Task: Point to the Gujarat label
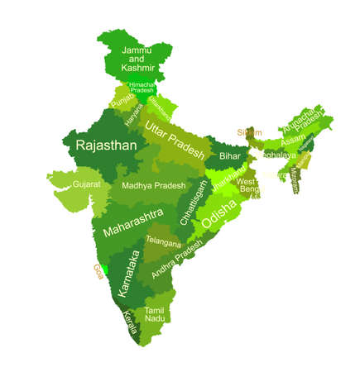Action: [85, 184]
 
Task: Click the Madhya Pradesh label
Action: [153, 186]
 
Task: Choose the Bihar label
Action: [230, 155]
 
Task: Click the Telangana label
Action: [162, 241]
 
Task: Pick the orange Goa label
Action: [98, 270]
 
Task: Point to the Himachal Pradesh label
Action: [143, 88]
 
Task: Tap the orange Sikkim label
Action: [248, 132]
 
